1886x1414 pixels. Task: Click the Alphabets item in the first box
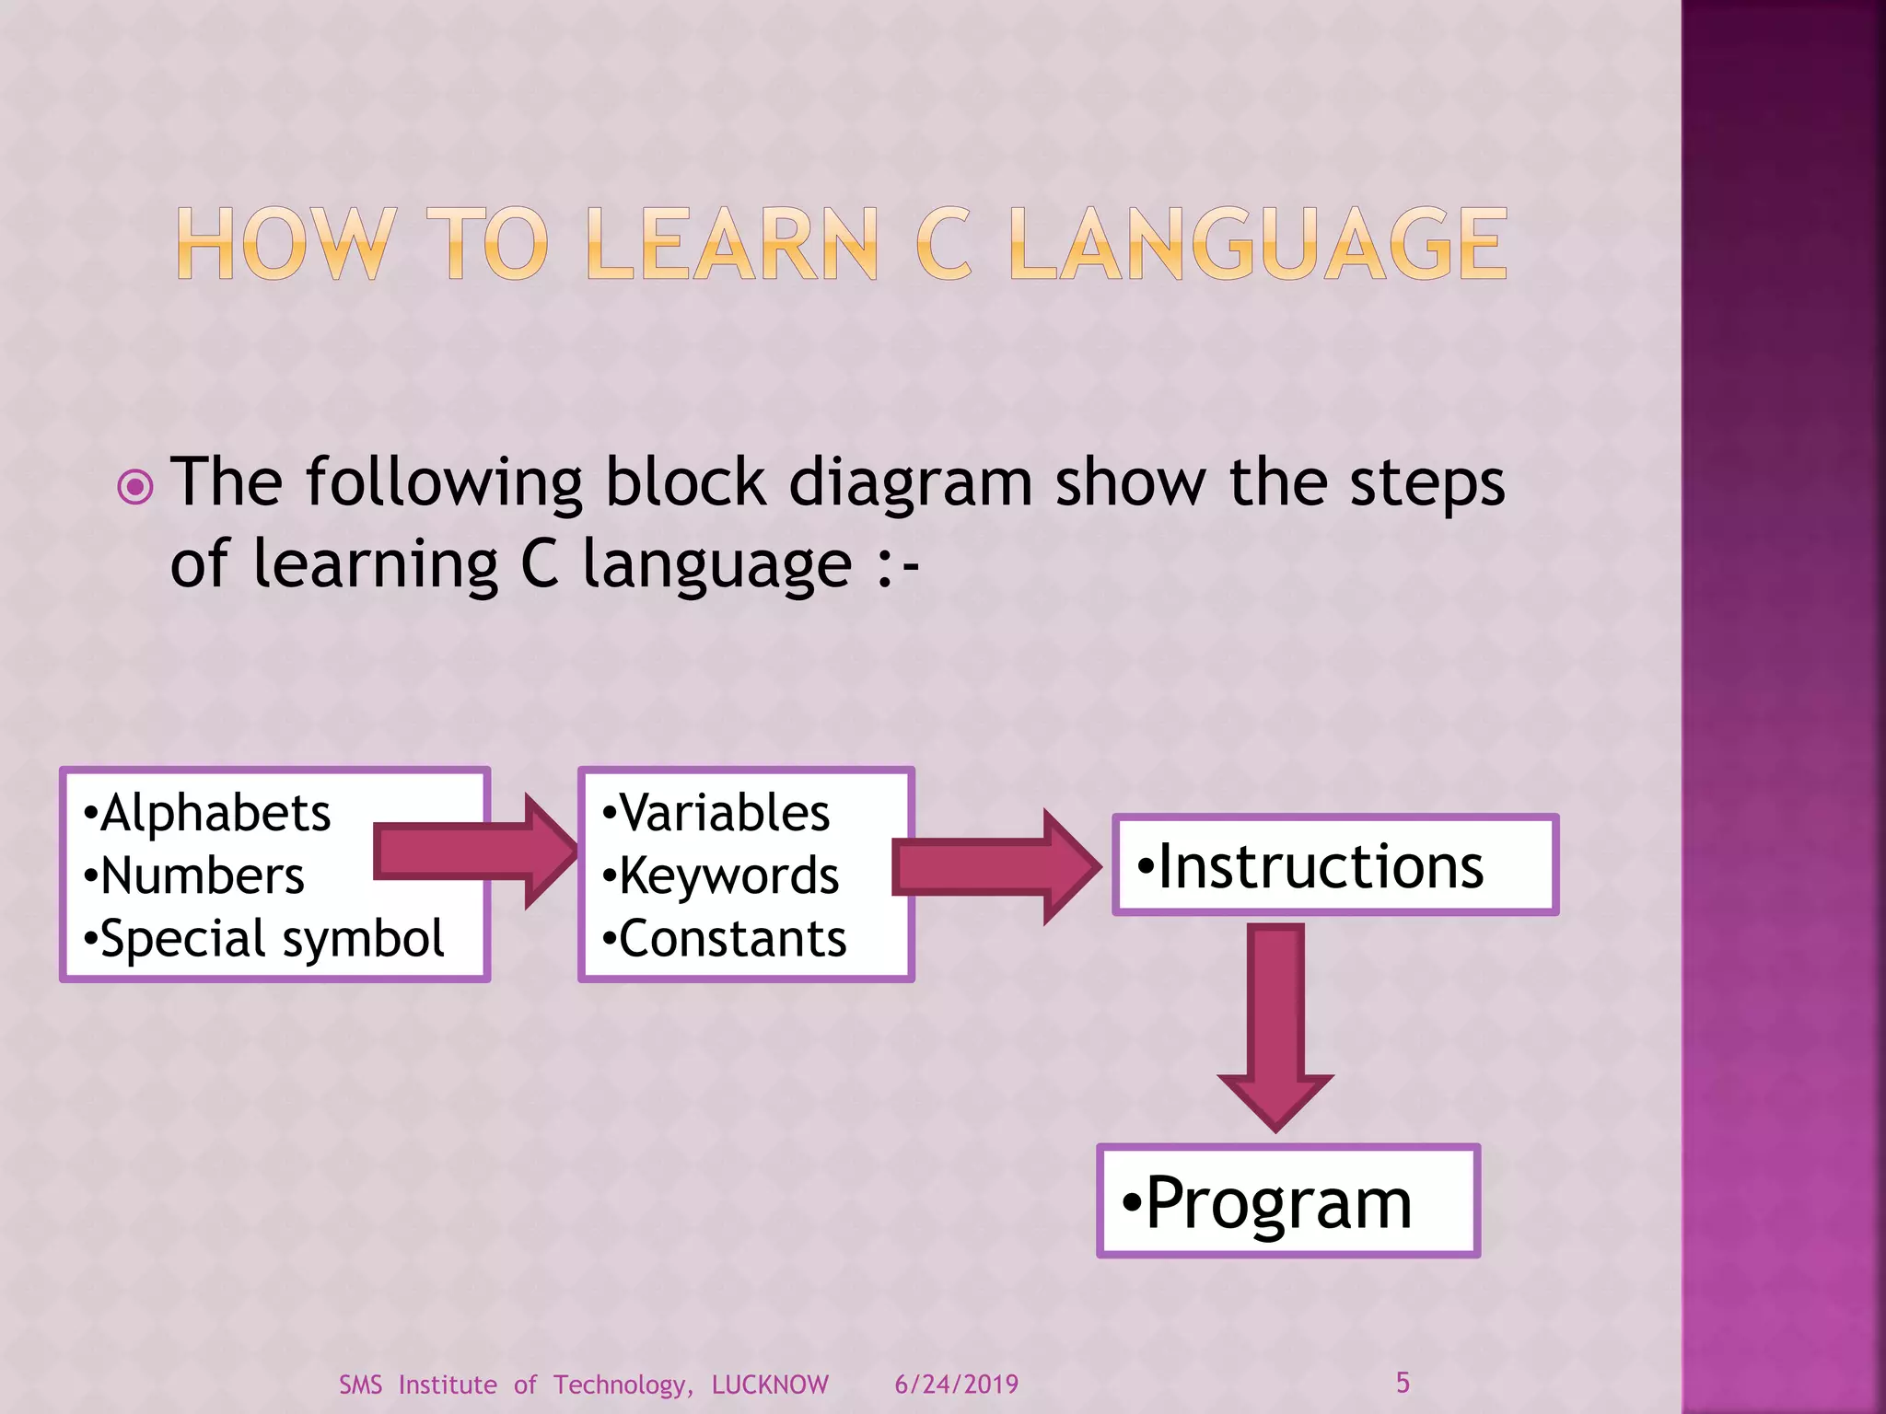point(208,813)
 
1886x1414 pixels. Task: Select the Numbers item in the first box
point(195,875)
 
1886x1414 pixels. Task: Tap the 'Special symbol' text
point(265,939)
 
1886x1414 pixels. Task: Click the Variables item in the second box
point(717,813)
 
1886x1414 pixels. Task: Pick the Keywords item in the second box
point(721,875)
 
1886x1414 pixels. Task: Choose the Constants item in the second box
point(725,939)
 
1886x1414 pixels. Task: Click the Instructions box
point(1334,865)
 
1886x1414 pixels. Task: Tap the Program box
point(1287,1201)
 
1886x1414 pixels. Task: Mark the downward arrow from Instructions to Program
point(1276,1026)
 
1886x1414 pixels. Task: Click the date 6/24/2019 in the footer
point(956,1385)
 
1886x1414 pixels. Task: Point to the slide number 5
point(1403,1382)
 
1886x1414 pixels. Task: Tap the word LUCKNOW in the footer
point(770,1385)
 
